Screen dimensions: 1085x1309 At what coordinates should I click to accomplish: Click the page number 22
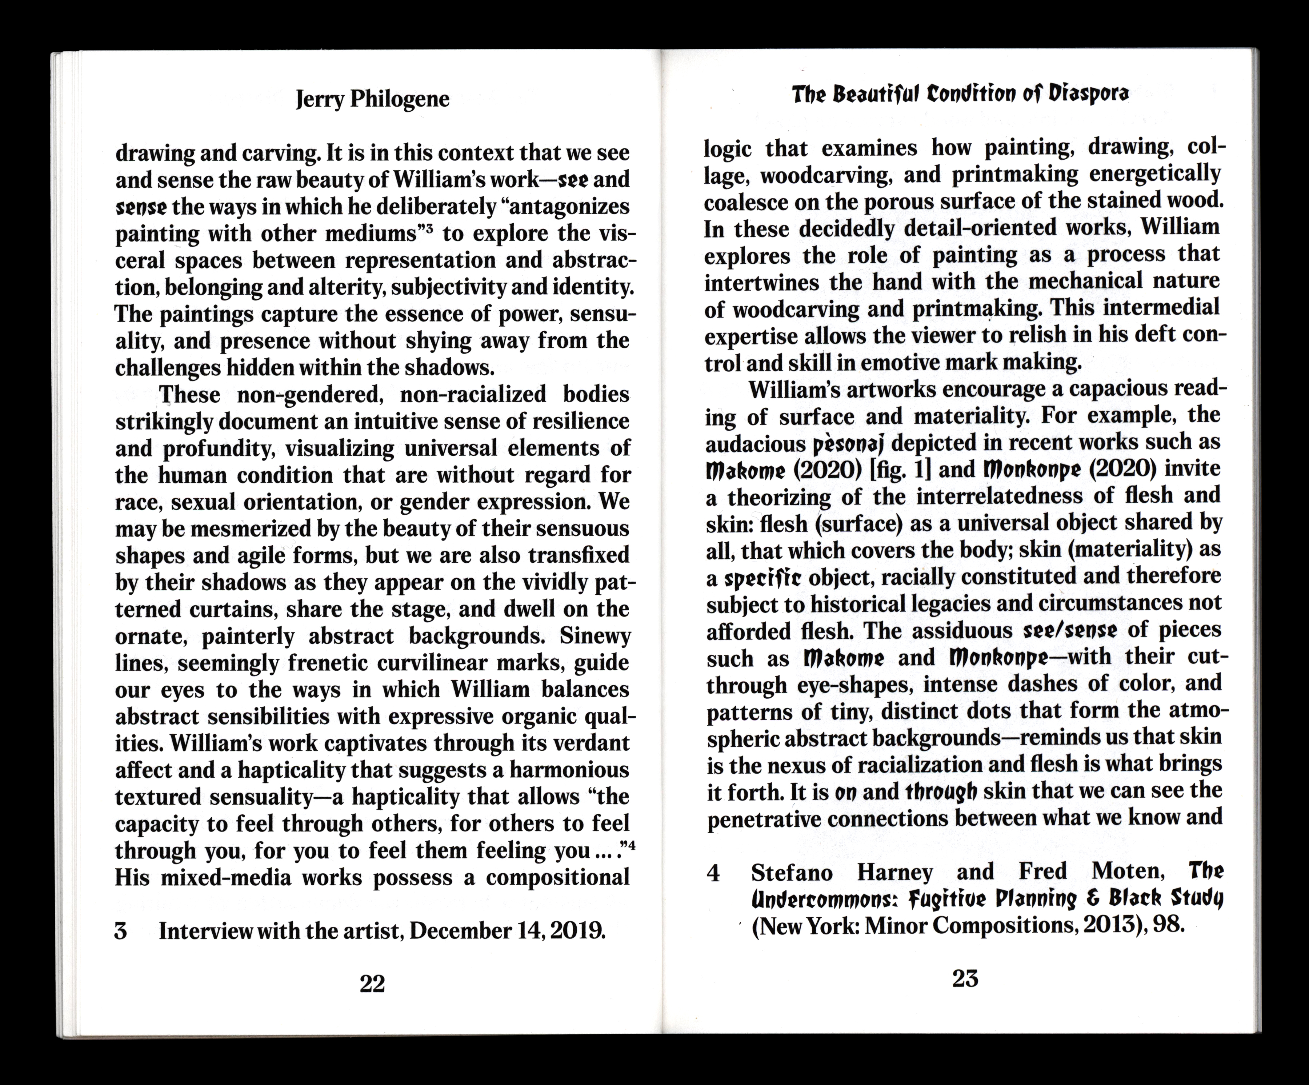(x=372, y=984)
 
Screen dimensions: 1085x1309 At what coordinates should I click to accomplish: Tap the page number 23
(x=965, y=979)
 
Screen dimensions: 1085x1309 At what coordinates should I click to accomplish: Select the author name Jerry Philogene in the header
(x=372, y=99)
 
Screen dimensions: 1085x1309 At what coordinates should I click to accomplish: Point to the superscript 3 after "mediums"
(x=429, y=229)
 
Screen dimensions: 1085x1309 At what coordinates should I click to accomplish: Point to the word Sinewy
(x=595, y=636)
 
